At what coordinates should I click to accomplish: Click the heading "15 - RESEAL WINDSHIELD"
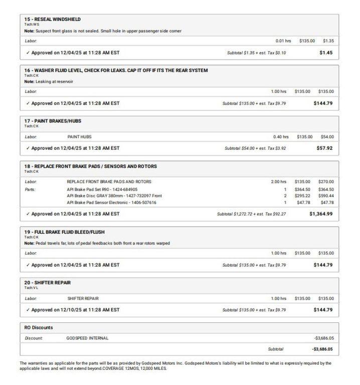tap(52, 19)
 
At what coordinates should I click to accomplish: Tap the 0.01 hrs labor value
tap(283, 41)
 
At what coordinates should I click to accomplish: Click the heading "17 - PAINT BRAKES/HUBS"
tap(53, 121)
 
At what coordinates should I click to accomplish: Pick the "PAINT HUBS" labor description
tap(79, 137)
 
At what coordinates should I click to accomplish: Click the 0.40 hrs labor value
tap(281, 137)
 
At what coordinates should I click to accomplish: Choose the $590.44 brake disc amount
tap(325, 196)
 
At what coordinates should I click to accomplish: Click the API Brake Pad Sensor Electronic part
tap(111, 203)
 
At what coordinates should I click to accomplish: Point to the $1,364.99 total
tap(321, 214)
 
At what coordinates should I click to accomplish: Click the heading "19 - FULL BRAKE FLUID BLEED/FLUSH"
tap(64, 232)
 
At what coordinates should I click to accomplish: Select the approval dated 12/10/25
tap(73, 310)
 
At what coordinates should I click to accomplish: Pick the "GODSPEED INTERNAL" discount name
tap(87, 338)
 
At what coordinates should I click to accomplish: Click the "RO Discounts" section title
tap(39, 328)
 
